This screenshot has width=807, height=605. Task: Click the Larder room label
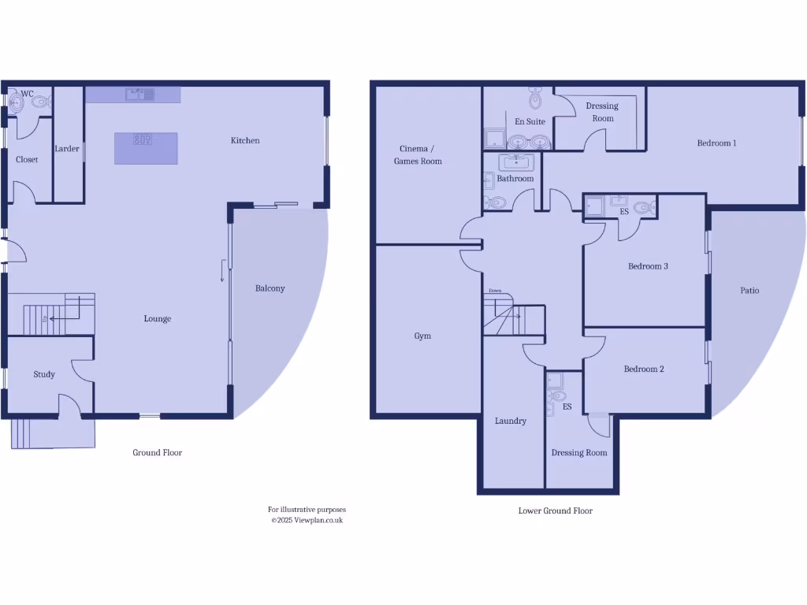pyautogui.click(x=67, y=148)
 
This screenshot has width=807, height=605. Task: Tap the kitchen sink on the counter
pyautogui.click(x=139, y=95)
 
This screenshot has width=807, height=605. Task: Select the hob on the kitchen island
pyautogui.click(x=143, y=140)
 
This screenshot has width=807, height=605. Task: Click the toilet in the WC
pyautogui.click(x=40, y=102)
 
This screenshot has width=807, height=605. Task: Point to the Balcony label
pyautogui.click(x=270, y=288)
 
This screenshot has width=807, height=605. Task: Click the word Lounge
pyautogui.click(x=158, y=319)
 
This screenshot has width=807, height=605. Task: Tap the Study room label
pyautogui.click(x=44, y=374)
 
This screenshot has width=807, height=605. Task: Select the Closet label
pyautogui.click(x=27, y=159)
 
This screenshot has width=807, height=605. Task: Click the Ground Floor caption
pyautogui.click(x=157, y=452)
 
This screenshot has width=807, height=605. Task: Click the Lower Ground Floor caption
pyautogui.click(x=555, y=510)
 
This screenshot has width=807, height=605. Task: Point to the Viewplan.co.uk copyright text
pyautogui.click(x=307, y=520)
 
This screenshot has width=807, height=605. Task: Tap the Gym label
pyautogui.click(x=422, y=336)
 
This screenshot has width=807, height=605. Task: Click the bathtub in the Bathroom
pyautogui.click(x=516, y=163)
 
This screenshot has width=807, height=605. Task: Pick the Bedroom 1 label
pyautogui.click(x=716, y=143)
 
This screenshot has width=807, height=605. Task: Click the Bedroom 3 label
pyautogui.click(x=648, y=266)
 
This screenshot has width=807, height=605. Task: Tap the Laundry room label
pyautogui.click(x=510, y=421)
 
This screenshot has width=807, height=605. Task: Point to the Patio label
pyautogui.click(x=749, y=290)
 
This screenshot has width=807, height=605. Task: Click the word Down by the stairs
pyautogui.click(x=494, y=291)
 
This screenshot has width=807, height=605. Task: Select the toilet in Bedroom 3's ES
pyautogui.click(x=644, y=209)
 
